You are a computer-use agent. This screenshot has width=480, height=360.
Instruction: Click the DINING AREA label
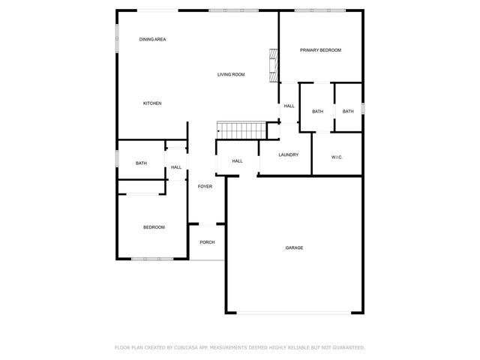pyautogui.click(x=152, y=39)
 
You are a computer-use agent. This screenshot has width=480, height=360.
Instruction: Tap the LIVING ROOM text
pyautogui.click(x=231, y=74)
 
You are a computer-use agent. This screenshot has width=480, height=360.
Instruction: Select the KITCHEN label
pyautogui.click(x=152, y=103)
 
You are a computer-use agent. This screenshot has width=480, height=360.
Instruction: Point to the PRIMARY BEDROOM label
pyautogui.click(x=320, y=50)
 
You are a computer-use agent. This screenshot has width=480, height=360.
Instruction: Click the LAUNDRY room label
pyautogui.click(x=288, y=155)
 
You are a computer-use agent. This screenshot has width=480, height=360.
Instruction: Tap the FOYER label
pyautogui.click(x=205, y=186)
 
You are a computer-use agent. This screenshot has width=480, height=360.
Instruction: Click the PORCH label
pyautogui.click(x=207, y=242)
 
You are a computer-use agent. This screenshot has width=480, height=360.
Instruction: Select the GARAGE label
pyautogui.click(x=294, y=247)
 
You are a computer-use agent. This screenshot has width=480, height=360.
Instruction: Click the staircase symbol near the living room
pyautogui.click(x=241, y=130)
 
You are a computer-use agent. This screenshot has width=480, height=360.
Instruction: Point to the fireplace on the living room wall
pyautogui.click(x=274, y=64)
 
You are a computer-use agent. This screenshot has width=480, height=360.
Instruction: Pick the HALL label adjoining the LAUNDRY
pyautogui.click(x=237, y=161)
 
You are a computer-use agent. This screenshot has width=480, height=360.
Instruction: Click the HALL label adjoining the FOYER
pyautogui.click(x=176, y=167)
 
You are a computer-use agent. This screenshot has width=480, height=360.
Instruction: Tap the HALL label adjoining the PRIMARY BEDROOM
pyautogui.click(x=289, y=106)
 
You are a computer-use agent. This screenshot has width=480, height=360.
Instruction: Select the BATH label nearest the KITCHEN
pyautogui.click(x=141, y=163)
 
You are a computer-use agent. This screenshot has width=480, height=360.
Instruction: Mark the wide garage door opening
pyautogui.click(x=294, y=313)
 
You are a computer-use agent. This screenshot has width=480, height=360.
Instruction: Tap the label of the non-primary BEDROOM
pyautogui.click(x=154, y=227)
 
